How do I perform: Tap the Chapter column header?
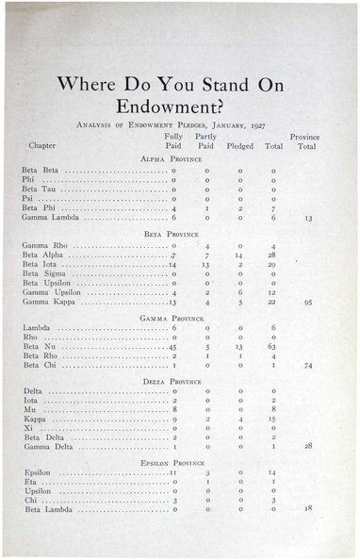tap(42, 146)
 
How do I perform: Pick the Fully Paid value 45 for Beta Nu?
tap(172, 348)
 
